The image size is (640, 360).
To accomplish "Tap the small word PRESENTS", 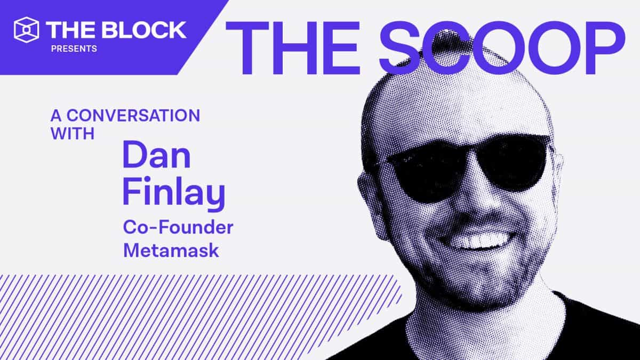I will (74, 49).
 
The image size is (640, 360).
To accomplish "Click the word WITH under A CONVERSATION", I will (73, 133).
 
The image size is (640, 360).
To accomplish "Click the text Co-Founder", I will (178, 228).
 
